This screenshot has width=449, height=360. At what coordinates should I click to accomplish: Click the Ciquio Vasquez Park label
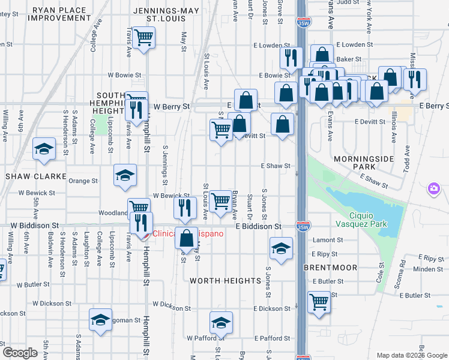pyautogui.click(x=367, y=220)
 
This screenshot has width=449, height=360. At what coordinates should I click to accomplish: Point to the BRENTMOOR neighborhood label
pyautogui.click(x=330, y=268)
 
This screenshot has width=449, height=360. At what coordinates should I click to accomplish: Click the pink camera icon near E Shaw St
pyautogui.click(x=433, y=190)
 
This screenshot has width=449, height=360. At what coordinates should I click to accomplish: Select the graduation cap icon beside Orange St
pyautogui.click(x=125, y=175)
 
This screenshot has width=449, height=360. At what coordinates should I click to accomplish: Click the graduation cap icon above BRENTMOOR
pyautogui.click(x=280, y=247)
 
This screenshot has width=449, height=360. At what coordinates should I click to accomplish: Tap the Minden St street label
pyautogui.click(x=428, y=269)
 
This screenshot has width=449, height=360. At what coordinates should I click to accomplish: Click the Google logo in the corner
pyautogui.click(x=20, y=353)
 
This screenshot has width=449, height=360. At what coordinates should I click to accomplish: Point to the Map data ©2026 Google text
pyautogui.click(x=411, y=355)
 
